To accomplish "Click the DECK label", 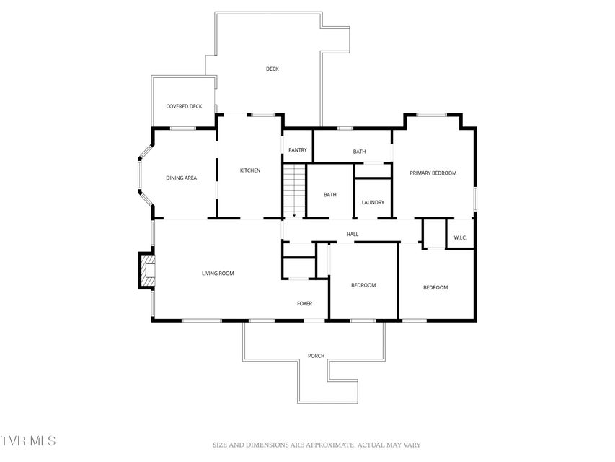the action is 273,69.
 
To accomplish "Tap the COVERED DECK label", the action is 184,106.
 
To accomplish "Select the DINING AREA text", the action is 181,178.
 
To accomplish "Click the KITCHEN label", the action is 250,170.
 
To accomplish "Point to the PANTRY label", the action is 298,150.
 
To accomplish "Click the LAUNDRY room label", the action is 373,202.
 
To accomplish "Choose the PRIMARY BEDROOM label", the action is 433,173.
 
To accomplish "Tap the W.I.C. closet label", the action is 460,237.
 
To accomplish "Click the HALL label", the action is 353,234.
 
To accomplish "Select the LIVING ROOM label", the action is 218,274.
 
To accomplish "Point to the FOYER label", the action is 304,304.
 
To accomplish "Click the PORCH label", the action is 316,356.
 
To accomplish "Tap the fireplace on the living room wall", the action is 146,271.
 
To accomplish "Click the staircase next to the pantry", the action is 294,190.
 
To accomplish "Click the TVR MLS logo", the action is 28,441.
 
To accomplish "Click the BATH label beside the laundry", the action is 330,195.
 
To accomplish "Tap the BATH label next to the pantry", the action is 359,152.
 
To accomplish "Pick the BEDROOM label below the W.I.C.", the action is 435,287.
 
